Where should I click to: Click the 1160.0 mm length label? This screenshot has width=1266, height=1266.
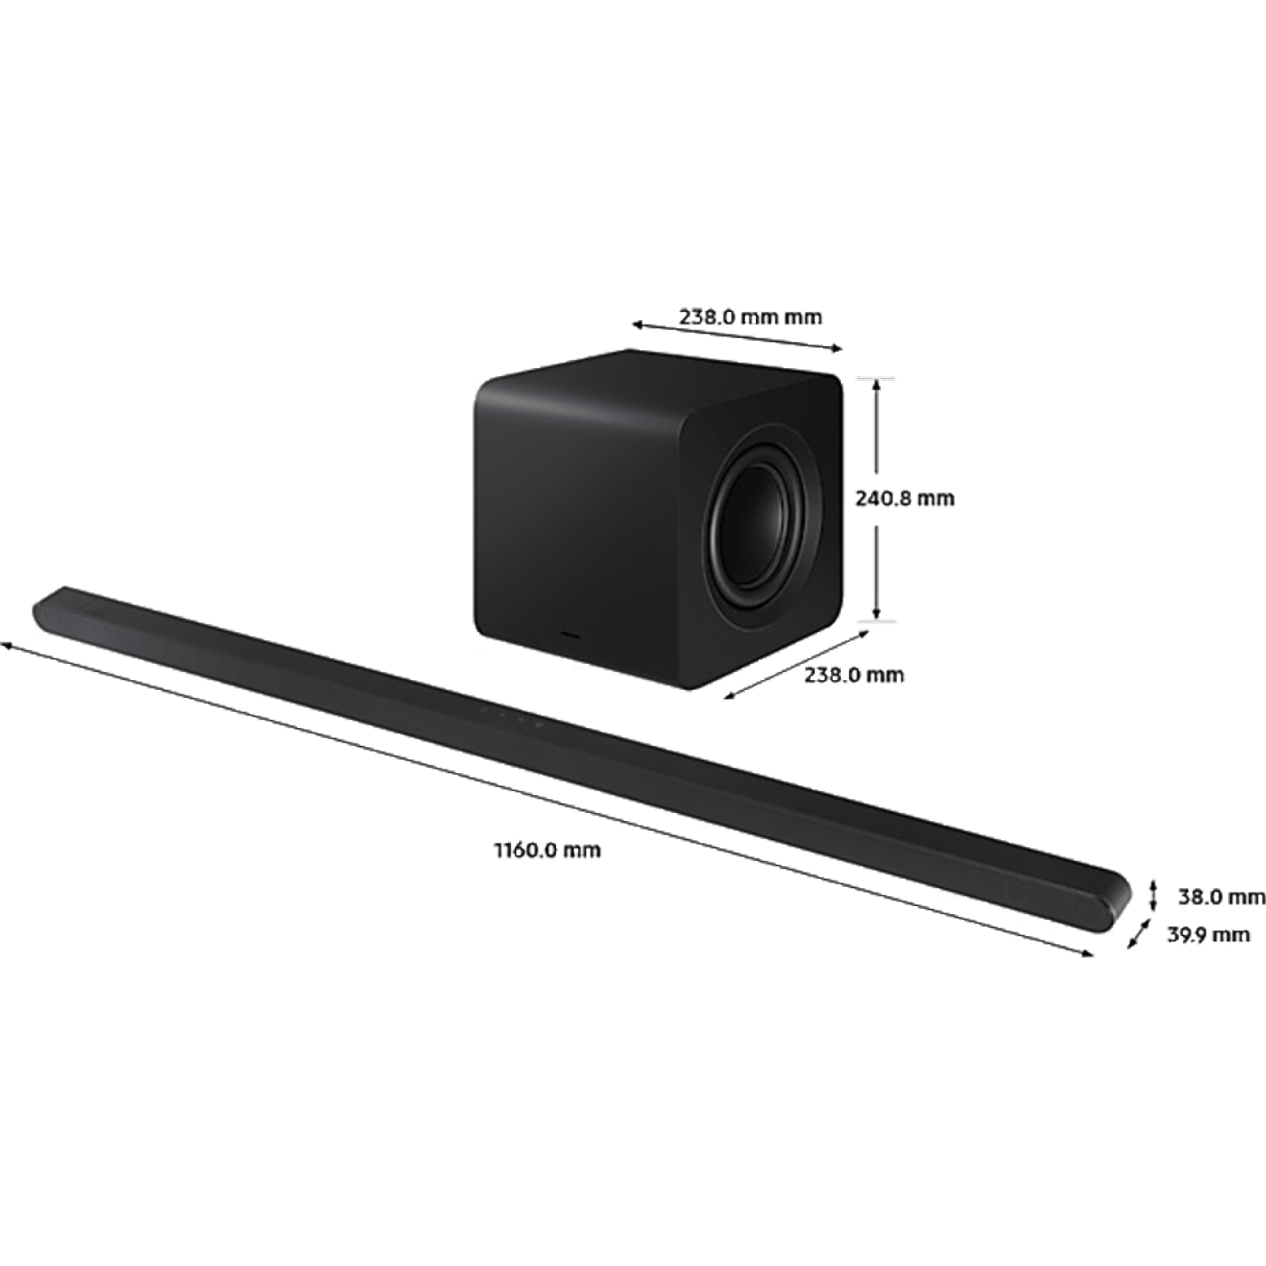[547, 850]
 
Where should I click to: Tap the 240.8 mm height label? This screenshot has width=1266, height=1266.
[904, 498]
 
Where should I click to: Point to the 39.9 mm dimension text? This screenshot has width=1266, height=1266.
[1208, 934]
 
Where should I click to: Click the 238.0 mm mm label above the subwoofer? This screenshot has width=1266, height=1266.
[751, 317]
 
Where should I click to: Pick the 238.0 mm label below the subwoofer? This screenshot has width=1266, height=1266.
[854, 675]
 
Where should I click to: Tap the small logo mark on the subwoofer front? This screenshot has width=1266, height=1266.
[571, 636]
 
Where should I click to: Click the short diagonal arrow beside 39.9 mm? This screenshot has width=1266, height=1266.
[1139, 933]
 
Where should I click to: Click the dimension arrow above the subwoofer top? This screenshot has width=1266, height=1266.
[736, 335]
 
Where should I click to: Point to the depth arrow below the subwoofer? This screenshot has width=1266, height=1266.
[797, 665]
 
